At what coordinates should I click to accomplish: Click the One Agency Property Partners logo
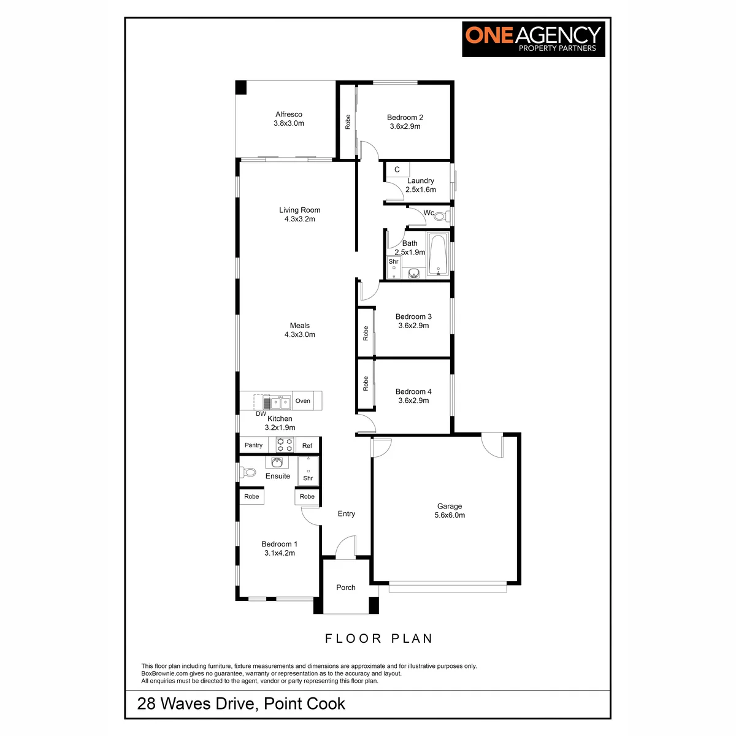coord(533,39)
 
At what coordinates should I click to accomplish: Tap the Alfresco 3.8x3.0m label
coord(289,119)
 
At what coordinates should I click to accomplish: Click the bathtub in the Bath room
coord(438,254)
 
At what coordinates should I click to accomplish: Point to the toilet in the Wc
coord(442,217)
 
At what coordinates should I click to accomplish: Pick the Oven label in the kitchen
coord(302,401)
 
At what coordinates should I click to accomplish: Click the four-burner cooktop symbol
coord(285,445)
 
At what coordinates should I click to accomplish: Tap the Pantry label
coord(253,445)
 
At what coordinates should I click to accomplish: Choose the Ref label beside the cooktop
coord(307,446)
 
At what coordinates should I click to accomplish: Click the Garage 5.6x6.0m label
coord(450,510)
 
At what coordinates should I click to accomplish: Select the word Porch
coord(346,588)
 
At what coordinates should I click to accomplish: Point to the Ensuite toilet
coord(247,472)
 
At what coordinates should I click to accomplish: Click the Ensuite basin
coord(277,462)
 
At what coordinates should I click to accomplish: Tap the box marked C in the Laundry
coord(397,169)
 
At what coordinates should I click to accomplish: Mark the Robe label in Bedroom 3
coord(366,333)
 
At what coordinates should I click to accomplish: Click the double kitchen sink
coord(281,402)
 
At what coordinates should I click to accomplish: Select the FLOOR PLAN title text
coord(378,638)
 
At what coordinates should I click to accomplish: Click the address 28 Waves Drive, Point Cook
coord(241,703)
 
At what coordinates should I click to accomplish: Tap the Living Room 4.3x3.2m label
coord(299,214)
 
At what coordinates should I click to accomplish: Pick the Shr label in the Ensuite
coord(308,478)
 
